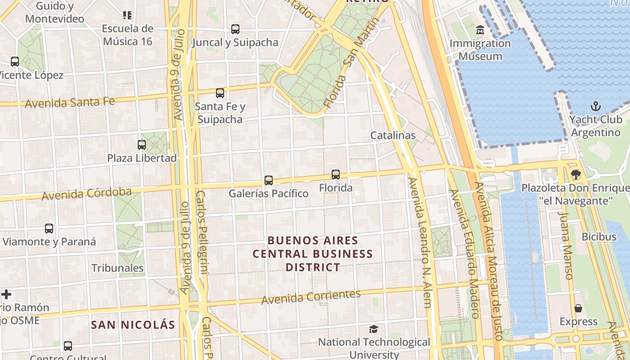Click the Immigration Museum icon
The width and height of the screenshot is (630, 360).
(x=480, y=30)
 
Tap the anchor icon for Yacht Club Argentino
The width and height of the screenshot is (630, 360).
(x=596, y=107)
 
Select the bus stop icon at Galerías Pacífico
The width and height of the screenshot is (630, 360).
(x=269, y=180)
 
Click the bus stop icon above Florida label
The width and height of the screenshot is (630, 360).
(x=336, y=175)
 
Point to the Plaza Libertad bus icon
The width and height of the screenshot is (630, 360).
(x=142, y=145)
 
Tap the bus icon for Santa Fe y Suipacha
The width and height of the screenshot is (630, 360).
(x=220, y=93)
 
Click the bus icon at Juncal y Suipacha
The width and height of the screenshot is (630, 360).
(x=235, y=29)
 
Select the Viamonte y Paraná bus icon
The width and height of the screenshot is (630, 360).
(x=49, y=229)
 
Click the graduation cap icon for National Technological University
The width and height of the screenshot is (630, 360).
(x=373, y=329)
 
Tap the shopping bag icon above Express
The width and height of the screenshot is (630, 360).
(x=578, y=308)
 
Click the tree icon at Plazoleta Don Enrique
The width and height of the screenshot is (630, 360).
(x=576, y=175)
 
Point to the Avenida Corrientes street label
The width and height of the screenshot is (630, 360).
(x=311, y=297)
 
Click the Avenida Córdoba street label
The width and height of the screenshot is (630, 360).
(x=86, y=194)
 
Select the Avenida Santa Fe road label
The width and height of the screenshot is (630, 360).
(x=70, y=103)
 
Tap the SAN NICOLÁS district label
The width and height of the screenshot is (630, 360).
(x=133, y=324)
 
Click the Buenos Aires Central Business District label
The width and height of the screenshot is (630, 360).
(x=313, y=254)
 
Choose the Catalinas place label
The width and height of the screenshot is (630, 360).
(x=393, y=135)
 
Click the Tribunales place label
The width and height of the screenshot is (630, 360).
(x=117, y=268)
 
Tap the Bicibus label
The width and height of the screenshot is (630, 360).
(x=599, y=237)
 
